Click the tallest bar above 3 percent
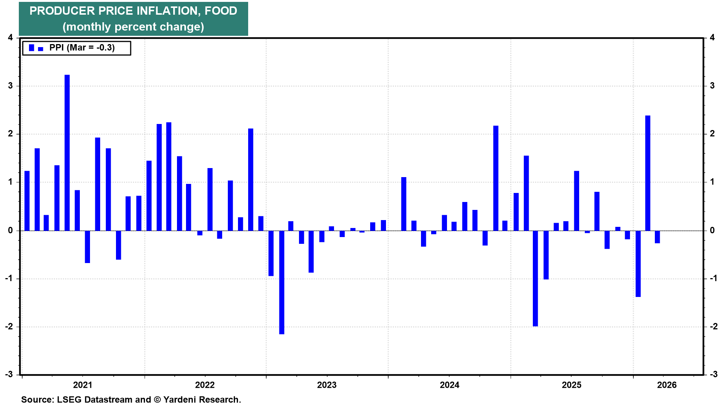pos(67,153)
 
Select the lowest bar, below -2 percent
pos(282,282)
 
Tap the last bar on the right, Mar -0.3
pos(657,237)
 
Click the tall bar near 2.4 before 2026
pos(648,173)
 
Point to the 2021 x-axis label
pos(82,385)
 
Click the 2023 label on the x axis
pos(327,385)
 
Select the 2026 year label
pos(667,385)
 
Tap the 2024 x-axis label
pos(450,385)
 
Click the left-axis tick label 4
pos(11,38)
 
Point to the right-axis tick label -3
pos(713,374)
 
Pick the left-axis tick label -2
pos(9,326)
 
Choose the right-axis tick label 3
pos(712,86)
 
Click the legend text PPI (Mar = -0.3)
pos(82,47)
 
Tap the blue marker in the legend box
pos(36,48)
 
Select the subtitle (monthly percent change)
pos(133,27)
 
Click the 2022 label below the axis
pos(205,385)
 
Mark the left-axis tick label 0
pos(11,230)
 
